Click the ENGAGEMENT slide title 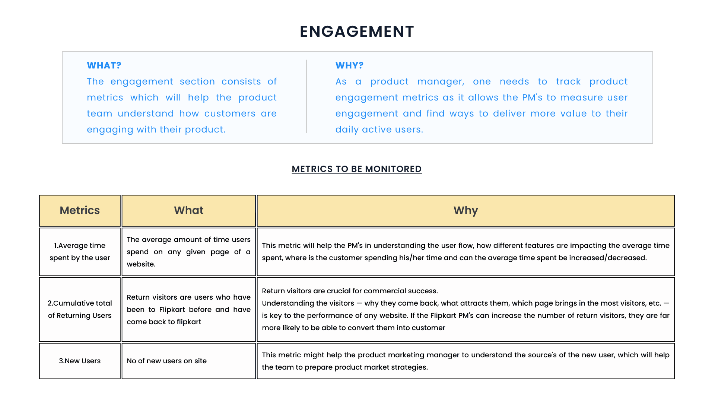357,32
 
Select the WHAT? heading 104,66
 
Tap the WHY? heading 349,66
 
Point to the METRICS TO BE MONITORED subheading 357,169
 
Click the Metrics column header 80,211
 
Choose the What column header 189,211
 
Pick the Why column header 465,211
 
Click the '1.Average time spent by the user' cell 80,252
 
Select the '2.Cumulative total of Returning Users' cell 80,309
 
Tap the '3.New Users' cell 80,361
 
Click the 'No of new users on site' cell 189,361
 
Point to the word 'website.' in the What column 141,264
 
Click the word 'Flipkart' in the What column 172,310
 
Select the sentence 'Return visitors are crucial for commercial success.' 350,291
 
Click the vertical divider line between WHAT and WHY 306,96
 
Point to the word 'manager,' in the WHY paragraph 441,82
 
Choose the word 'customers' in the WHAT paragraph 230,114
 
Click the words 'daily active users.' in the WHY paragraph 379,130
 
